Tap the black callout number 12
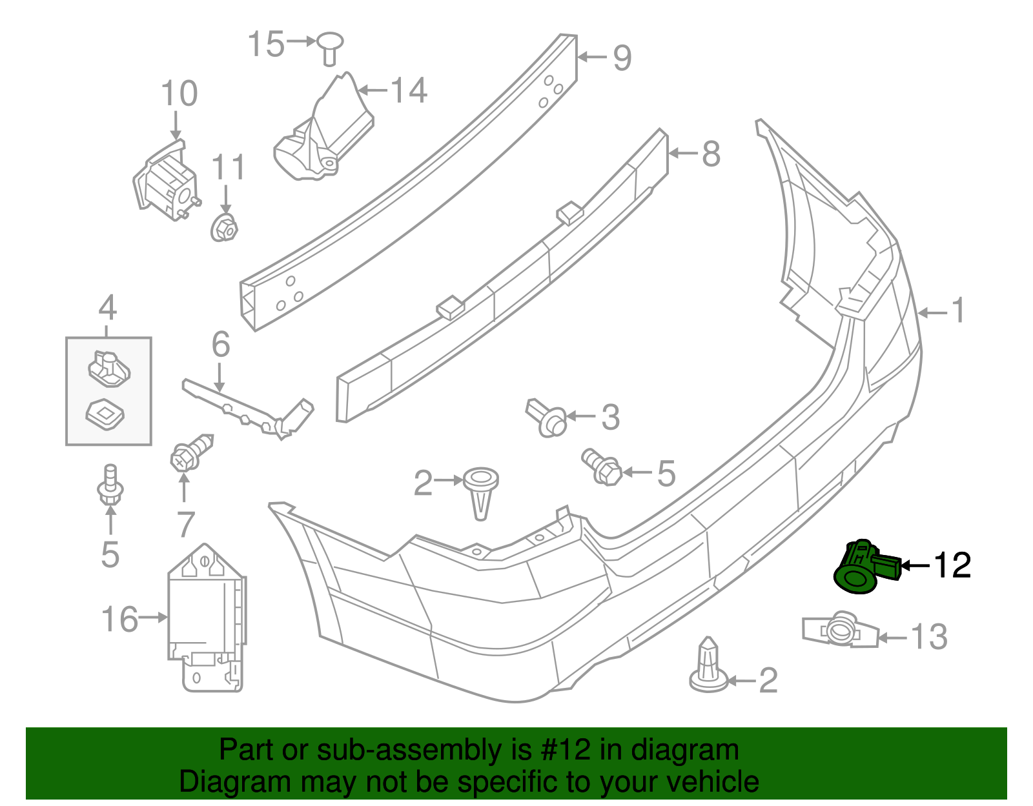pyautogui.click(x=952, y=565)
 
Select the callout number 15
pyautogui.click(x=266, y=44)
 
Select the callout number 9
pyautogui.click(x=621, y=58)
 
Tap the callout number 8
pyautogui.click(x=711, y=154)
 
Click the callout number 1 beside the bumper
pyautogui.click(x=959, y=310)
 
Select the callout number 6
pyautogui.click(x=221, y=345)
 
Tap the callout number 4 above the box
pyautogui.click(x=108, y=308)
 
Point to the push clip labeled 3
pyautogui.click(x=547, y=417)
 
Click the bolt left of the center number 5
pyautogui.click(x=603, y=468)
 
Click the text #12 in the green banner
pyautogui.click(x=562, y=750)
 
